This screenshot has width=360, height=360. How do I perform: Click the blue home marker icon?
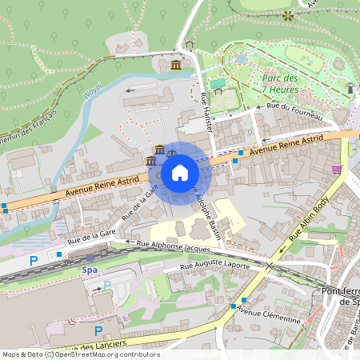tap(180, 171)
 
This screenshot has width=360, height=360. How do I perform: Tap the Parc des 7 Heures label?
tap(280, 83)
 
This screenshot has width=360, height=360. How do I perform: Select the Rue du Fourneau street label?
tap(295, 111)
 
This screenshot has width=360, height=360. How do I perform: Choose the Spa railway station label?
tap(90, 270)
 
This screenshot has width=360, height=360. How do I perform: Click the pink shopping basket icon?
tap(337, 170)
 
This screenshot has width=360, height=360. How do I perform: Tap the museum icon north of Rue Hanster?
tap(175, 64)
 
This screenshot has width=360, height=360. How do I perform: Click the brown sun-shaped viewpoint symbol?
tap(287, 14)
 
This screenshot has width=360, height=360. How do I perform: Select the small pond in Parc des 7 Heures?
tap(242, 58)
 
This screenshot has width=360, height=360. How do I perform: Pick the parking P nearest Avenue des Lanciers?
tap(98, 330)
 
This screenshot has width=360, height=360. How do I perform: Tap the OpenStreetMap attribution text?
tap(80, 354)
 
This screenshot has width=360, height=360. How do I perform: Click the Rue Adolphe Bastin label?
tap(208, 210)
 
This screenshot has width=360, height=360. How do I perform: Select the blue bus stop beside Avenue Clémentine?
tap(233, 306)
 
